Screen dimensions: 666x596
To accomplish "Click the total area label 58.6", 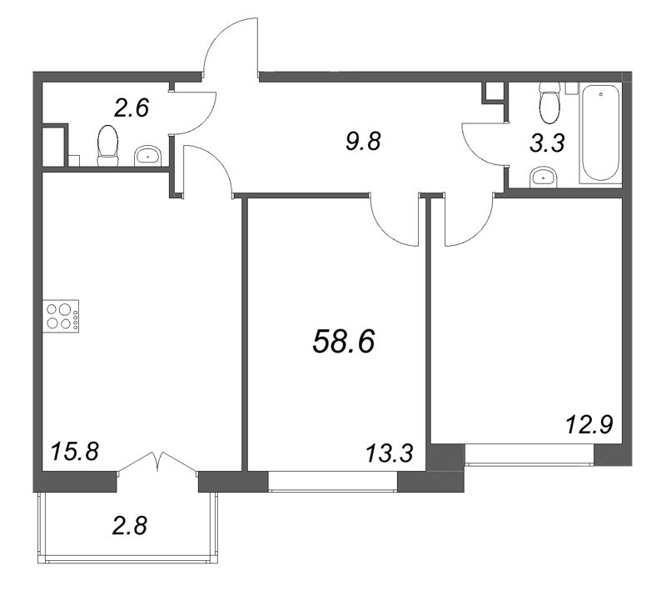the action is pyautogui.click(x=344, y=343).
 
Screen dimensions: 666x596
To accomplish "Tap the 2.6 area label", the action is pyautogui.click(x=132, y=108).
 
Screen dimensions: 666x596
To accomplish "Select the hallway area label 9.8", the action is pyautogui.click(x=364, y=141).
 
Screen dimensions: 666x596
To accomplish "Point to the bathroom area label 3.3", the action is pyautogui.click(x=547, y=143).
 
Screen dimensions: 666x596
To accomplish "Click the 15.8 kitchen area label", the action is pyautogui.click(x=75, y=451).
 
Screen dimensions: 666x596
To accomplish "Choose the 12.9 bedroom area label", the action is pyautogui.click(x=589, y=424).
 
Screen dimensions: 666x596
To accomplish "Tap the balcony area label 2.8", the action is pyautogui.click(x=130, y=525).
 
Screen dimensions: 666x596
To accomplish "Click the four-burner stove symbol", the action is pyautogui.click(x=61, y=317).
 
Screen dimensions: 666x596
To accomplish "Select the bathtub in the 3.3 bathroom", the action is pyautogui.click(x=600, y=133).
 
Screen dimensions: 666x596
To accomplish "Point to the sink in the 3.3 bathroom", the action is pyautogui.click(x=544, y=178).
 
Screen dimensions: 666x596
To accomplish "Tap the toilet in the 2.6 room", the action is pyautogui.click(x=107, y=146).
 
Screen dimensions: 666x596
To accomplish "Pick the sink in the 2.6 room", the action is pyautogui.click(x=147, y=156).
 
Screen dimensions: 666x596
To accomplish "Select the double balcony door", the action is pyautogui.click(x=157, y=463).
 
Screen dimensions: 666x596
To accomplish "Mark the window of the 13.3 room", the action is pyautogui.click(x=333, y=482).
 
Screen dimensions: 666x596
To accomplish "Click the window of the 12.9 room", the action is pyautogui.click(x=529, y=455).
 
